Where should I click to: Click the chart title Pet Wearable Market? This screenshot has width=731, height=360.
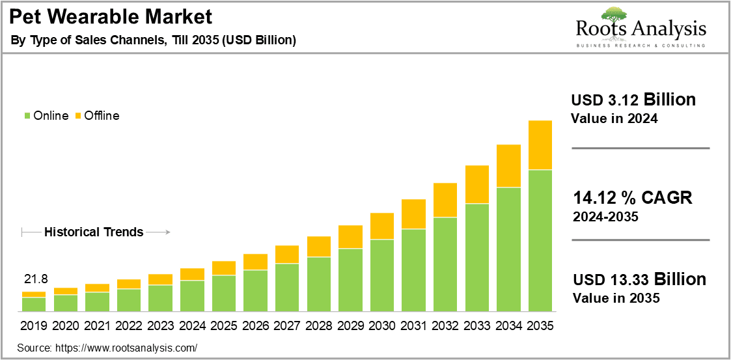pyautogui.click(x=111, y=17)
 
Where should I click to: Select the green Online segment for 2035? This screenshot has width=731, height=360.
pyautogui.click(x=540, y=240)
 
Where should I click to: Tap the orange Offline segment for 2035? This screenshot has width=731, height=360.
pyautogui.click(x=540, y=145)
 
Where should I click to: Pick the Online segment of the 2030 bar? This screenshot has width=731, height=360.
pyautogui.click(x=382, y=275)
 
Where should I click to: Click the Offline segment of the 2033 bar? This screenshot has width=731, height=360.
pyautogui.click(x=477, y=185)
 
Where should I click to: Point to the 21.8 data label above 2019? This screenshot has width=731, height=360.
pyautogui.click(x=35, y=279)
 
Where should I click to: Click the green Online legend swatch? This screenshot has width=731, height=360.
pyautogui.click(x=27, y=116)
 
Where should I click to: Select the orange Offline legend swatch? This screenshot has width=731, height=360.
pyautogui.click(x=78, y=116)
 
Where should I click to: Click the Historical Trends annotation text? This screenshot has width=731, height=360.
pyautogui.click(x=94, y=232)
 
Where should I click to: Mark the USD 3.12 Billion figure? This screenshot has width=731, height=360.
pyautogui.click(x=633, y=100)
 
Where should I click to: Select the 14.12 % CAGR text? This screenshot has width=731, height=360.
pyautogui.click(x=633, y=198)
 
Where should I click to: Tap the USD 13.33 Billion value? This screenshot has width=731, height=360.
pyautogui.click(x=639, y=279)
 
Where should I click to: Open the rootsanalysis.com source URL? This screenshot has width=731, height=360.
pyautogui.click(x=126, y=348)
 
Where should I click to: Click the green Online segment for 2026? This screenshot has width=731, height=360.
pyautogui.click(x=255, y=290)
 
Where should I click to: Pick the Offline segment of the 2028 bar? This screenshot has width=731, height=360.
pyautogui.click(x=319, y=247)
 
